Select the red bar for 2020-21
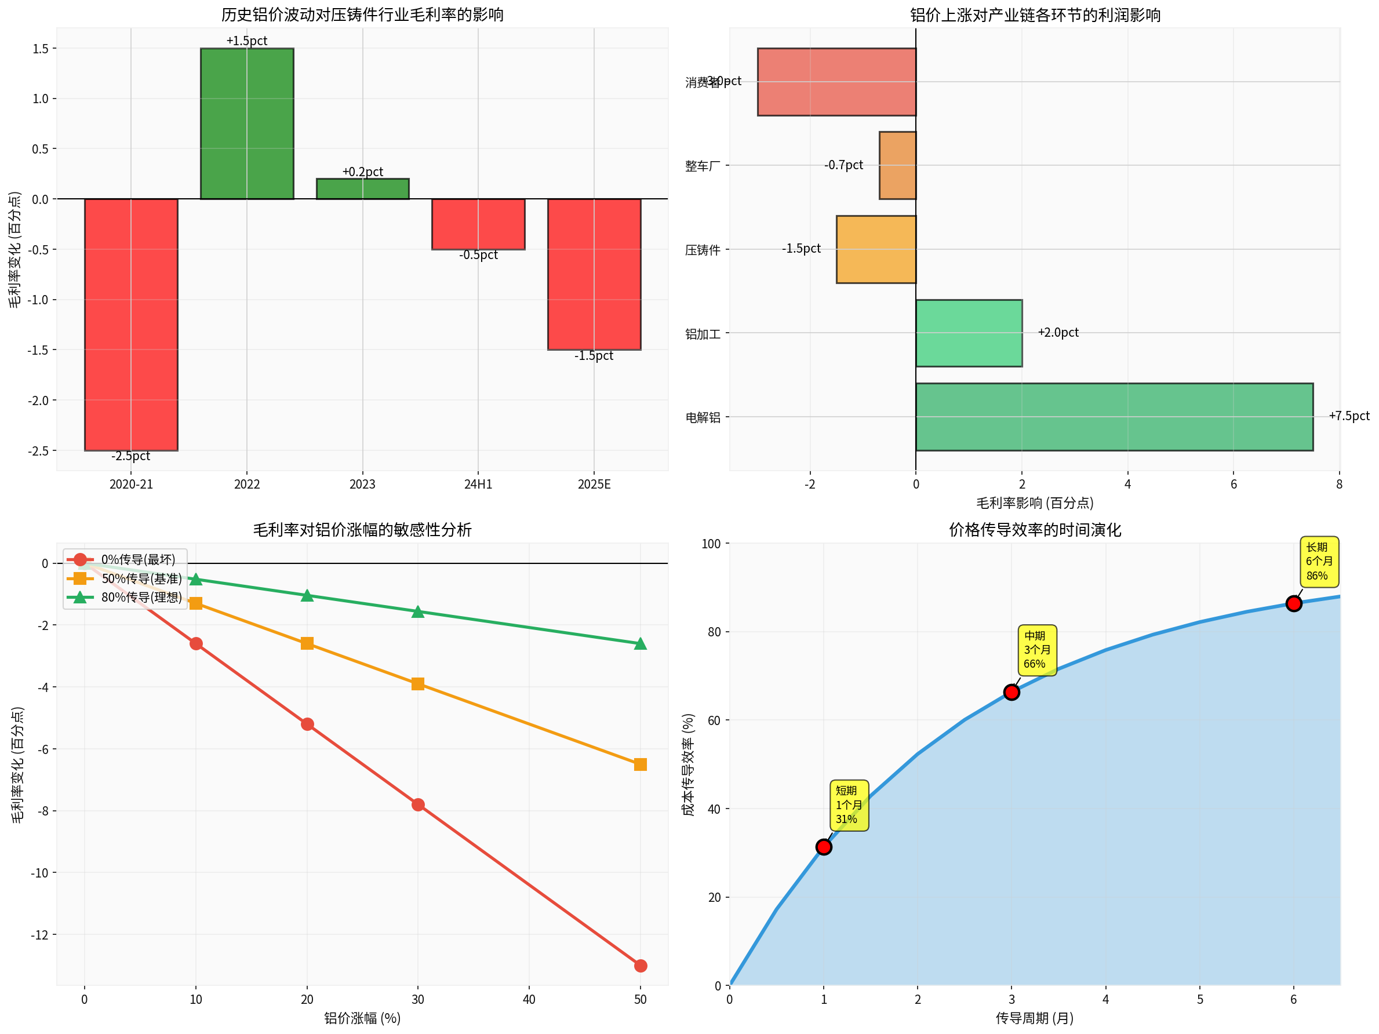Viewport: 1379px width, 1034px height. click(131, 324)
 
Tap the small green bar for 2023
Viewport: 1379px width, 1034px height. click(362, 189)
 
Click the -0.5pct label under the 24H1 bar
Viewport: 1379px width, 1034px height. click(478, 255)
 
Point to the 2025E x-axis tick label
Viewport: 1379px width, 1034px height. click(594, 485)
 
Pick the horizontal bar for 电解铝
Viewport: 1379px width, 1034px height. click(1114, 416)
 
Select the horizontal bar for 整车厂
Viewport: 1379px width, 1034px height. click(897, 165)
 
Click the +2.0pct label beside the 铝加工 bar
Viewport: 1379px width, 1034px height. click(1058, 332)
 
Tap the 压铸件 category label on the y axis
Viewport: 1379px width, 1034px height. click(703, 250)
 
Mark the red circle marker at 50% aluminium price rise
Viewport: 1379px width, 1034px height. click(641, 966)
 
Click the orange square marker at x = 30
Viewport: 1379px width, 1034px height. click(418, 684)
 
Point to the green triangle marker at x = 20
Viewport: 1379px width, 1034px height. click(307, 596)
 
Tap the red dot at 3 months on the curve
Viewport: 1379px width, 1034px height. click(1011, 692)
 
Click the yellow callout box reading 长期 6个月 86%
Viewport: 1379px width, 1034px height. click(1319, 561)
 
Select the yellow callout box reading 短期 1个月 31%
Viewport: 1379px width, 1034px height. click(849, 804)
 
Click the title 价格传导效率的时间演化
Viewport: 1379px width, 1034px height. click(1034, 530)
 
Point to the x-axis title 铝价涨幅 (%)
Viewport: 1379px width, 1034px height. click(362, 1018)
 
